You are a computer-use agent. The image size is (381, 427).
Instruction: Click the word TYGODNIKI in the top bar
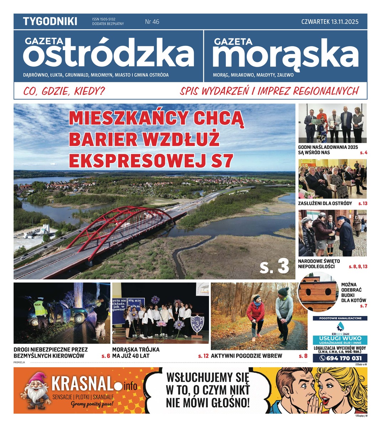pos(50,21)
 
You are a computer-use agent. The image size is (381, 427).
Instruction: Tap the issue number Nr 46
pos(152,22)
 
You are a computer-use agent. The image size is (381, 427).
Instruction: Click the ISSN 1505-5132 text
pos(104,19)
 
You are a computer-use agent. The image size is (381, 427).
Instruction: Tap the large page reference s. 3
pos(274,266)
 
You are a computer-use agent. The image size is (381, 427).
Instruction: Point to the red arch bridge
pos(118,228)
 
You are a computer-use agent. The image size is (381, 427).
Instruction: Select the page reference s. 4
pos(363,153)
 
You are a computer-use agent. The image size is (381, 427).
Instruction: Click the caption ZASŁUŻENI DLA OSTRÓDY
pos(325,203)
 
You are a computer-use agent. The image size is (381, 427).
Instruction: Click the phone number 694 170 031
pos(344,358)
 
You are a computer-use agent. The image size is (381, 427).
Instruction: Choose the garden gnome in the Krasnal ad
pos(36,390)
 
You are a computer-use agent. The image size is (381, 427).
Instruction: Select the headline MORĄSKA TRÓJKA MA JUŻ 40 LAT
pos(136,352)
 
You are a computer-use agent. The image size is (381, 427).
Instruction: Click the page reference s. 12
pos(203,355)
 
